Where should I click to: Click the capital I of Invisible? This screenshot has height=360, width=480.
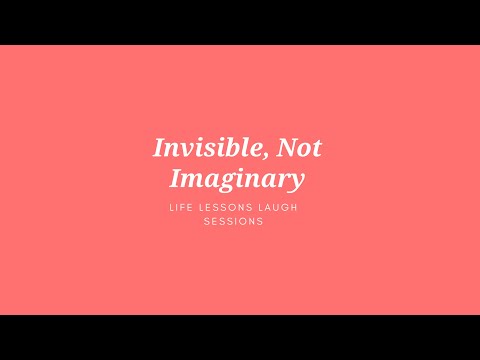pos(159,149)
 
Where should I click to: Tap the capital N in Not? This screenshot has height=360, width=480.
pos(284,149)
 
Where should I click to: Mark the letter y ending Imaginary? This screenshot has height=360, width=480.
pos(296,182)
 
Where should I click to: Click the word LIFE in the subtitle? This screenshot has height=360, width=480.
pos(184,208)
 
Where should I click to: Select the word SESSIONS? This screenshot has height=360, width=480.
pos(239,222)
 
